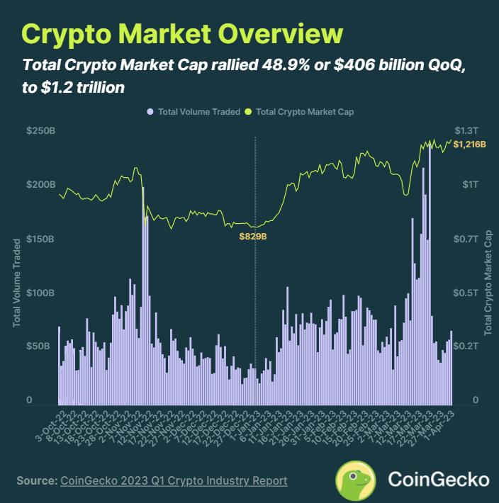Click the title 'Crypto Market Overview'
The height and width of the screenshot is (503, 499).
(182, 34)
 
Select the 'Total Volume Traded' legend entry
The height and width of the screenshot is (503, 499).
(187, 111)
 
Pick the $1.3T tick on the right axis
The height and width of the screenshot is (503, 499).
(466, 131)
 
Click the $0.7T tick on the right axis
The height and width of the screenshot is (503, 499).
(466, 239)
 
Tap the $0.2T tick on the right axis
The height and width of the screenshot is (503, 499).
(466, 346)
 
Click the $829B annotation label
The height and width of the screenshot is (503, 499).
(252, 236)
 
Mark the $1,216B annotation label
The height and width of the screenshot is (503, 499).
(469, 145)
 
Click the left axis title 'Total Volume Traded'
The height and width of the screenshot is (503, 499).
(16, 283)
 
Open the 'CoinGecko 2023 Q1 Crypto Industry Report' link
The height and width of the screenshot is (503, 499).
(174, 480)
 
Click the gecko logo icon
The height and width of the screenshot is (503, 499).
(355, 480)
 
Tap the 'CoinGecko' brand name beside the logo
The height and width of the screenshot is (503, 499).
(438, 480)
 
